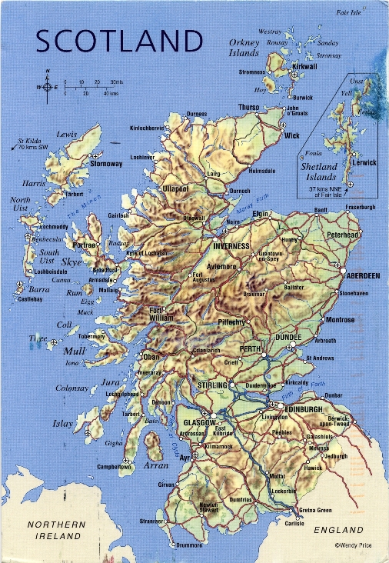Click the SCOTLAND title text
click(119, 40)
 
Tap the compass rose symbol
click(48, 87)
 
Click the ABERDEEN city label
click(363, 275)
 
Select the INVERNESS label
click(231, 246)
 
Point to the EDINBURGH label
click(304, 410)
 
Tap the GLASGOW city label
click(200, 423)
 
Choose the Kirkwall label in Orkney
click(305, 68)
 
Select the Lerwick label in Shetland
click(363, 163)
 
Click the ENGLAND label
click(338, 530)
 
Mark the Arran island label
click(156, 466)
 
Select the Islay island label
click(62, 424)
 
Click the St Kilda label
click(31, 142)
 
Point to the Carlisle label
click(294, 523)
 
